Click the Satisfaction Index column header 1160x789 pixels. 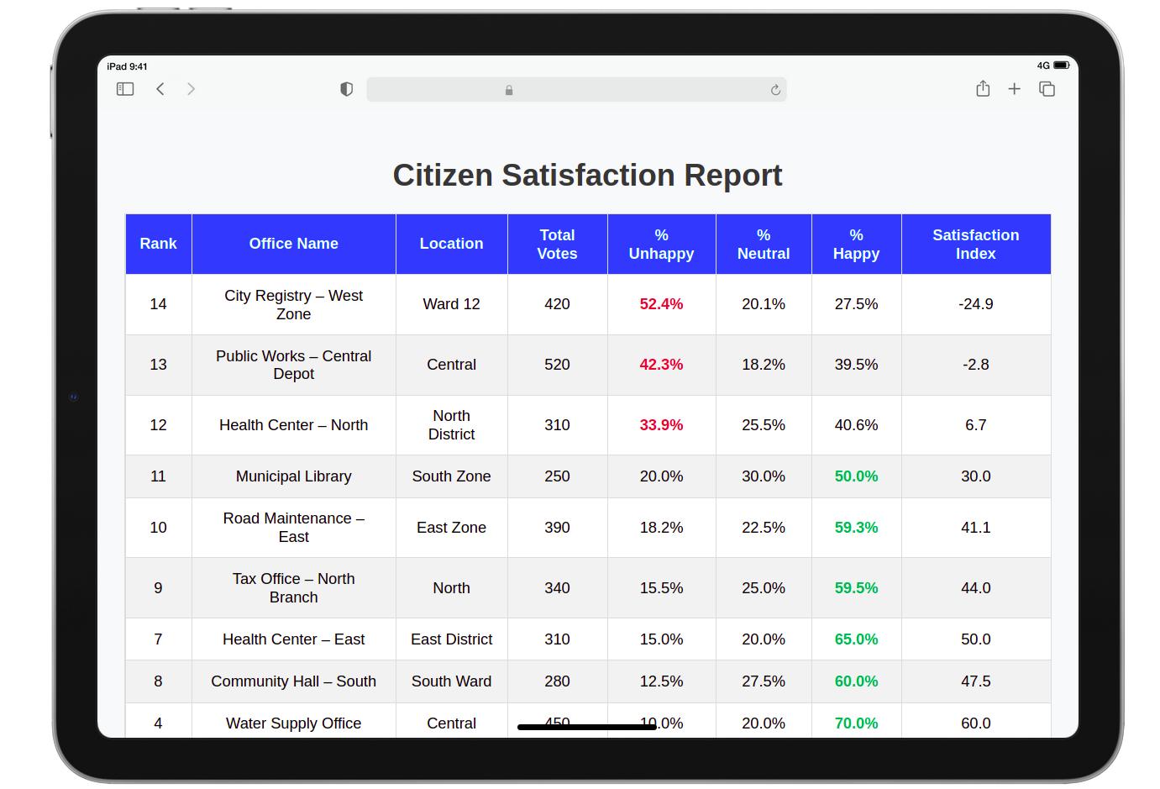(x=975, y=245)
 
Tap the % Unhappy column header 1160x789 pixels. (x=661, y=245)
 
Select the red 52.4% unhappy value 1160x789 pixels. (x=661, y=304)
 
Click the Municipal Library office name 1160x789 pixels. (x=293, y=476)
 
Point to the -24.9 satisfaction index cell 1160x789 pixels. (x=975, y=304)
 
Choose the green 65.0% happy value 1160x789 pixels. (x=856, y=639)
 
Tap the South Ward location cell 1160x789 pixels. (x=451, y=681)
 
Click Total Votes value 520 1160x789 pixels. (x=557, y=365)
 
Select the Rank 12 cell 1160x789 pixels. (x=158, y=425)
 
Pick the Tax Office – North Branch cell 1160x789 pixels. (x=293, y=588)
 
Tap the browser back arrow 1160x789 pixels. (x=160, y=89)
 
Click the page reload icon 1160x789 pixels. (x=775, y=90)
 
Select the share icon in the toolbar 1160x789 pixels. (x=983, y=89)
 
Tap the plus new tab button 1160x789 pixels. (x=1015, y=89)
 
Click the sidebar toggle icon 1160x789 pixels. (x=125, y=89)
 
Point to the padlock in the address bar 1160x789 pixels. (x=509, y=90)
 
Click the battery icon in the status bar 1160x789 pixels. (x=1062, y=66)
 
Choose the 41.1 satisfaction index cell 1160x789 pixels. (x=975, y=528)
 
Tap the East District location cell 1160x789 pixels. (x=451, y=639)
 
